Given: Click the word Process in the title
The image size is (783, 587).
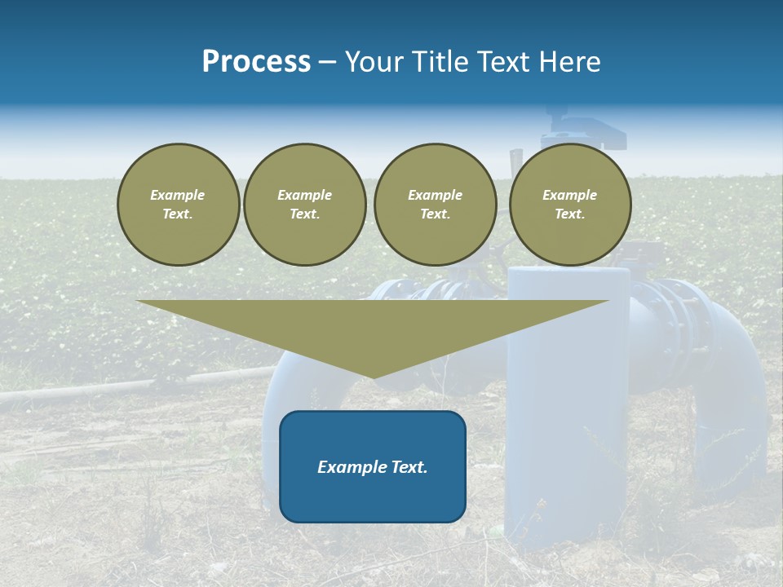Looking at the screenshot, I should pos(256,62).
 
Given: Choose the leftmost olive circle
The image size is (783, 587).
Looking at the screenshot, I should pos(179,204).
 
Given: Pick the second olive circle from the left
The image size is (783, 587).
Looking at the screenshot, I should pos(305,204).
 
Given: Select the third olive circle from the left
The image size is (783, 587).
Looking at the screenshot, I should pos(435,204).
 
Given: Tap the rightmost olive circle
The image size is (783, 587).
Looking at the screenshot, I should pos(570,204).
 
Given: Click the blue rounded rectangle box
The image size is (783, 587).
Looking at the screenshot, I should pos(373,466).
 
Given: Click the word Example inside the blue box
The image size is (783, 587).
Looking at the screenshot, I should pos(350,467).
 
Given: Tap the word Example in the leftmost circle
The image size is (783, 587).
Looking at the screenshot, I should pos(178,195).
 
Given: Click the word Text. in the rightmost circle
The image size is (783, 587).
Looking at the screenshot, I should pos(570,214).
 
